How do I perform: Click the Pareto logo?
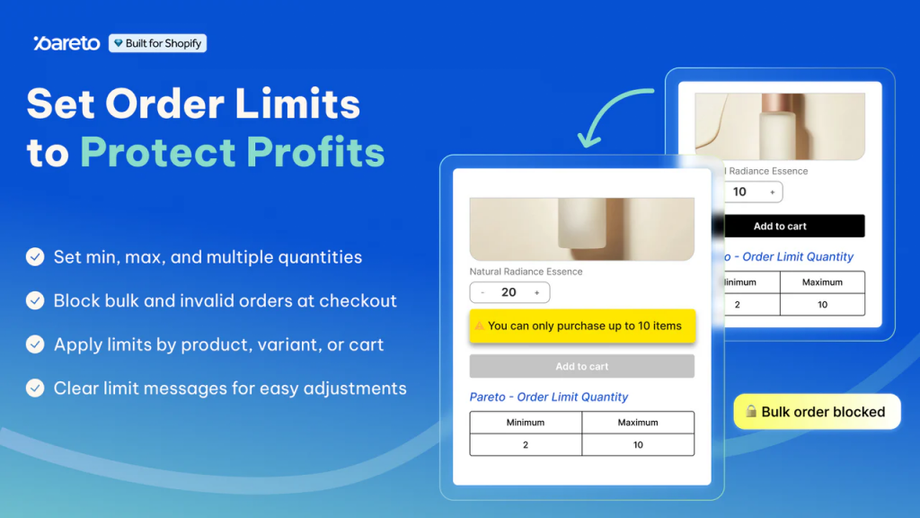click(66, 43)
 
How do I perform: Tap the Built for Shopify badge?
click(157, 43)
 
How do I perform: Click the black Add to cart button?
click(780, 227)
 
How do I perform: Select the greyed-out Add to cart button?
click(581, 366)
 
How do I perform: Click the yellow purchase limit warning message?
click(582, 326)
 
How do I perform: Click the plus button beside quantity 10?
click(772, 192)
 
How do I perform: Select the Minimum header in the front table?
click(526, 423)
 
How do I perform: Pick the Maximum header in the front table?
click(638, 423)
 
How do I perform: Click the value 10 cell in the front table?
click(638, 445)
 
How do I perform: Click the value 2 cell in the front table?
click(526, 445)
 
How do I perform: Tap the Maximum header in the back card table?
click(822, 282)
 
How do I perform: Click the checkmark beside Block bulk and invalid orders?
click(35, 300)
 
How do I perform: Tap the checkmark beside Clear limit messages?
click(35, 388)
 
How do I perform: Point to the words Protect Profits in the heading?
click(232, 152)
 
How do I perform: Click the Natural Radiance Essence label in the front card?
click(526, 272)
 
